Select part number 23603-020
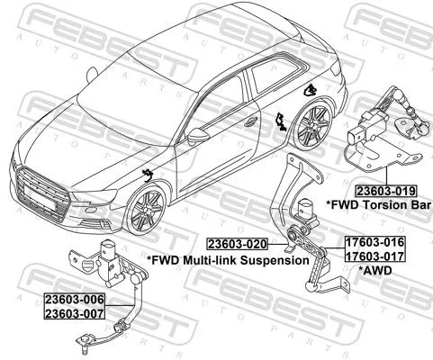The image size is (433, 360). click(x=238, y=244)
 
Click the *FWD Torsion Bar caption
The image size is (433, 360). click(x=378, y=205)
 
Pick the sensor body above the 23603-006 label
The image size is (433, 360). click(x=107, y=257)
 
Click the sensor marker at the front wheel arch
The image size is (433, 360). click(x=147, y=173)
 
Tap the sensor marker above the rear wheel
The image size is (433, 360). click(x=309, y=90)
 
